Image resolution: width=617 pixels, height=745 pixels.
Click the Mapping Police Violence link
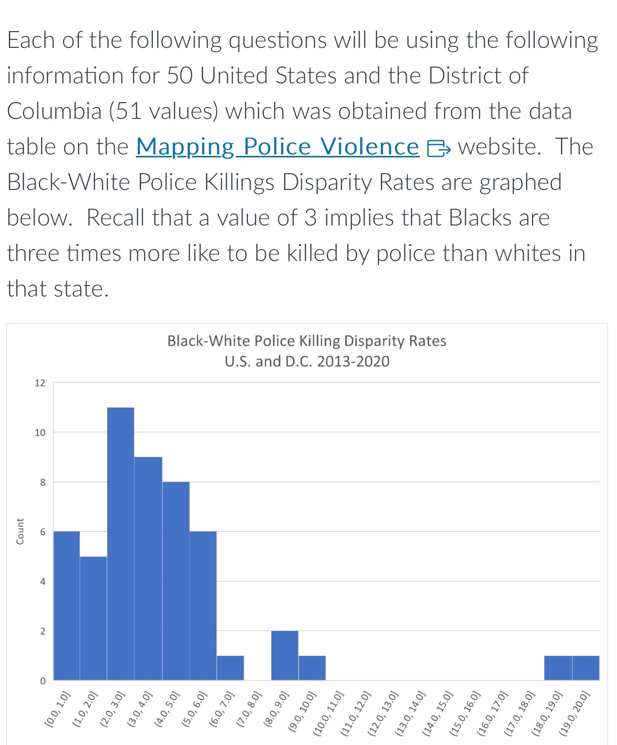click(x=277, y=147)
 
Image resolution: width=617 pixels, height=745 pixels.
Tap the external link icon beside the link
click(x=439, y=148)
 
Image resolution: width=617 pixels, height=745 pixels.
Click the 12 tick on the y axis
click(x=40, y=383)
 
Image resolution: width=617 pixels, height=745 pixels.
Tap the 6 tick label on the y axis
click(x=42, y=532)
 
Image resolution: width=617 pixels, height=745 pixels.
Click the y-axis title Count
click(x=20, y=531)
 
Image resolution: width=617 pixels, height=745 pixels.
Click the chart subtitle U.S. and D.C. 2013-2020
click(x=307, y=362)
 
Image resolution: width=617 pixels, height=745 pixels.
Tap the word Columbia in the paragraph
click(x=54, y=111)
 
